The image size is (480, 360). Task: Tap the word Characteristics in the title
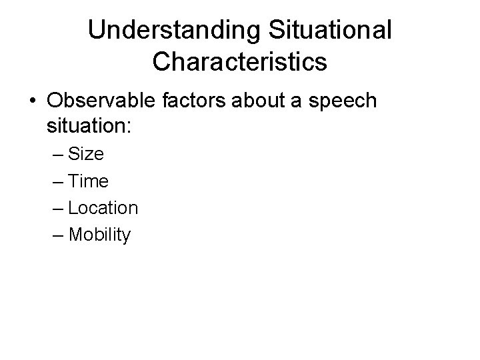(x=239, y=62)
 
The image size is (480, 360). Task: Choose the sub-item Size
(x=86, y=154)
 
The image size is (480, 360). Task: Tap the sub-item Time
(x=88, y=181)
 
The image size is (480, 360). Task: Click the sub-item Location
(x=103, y=208)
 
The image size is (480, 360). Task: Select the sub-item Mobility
(x=100, y=235)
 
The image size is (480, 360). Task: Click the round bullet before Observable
(x=33, y=101)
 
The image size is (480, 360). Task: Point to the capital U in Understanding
(x=97, y=31)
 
